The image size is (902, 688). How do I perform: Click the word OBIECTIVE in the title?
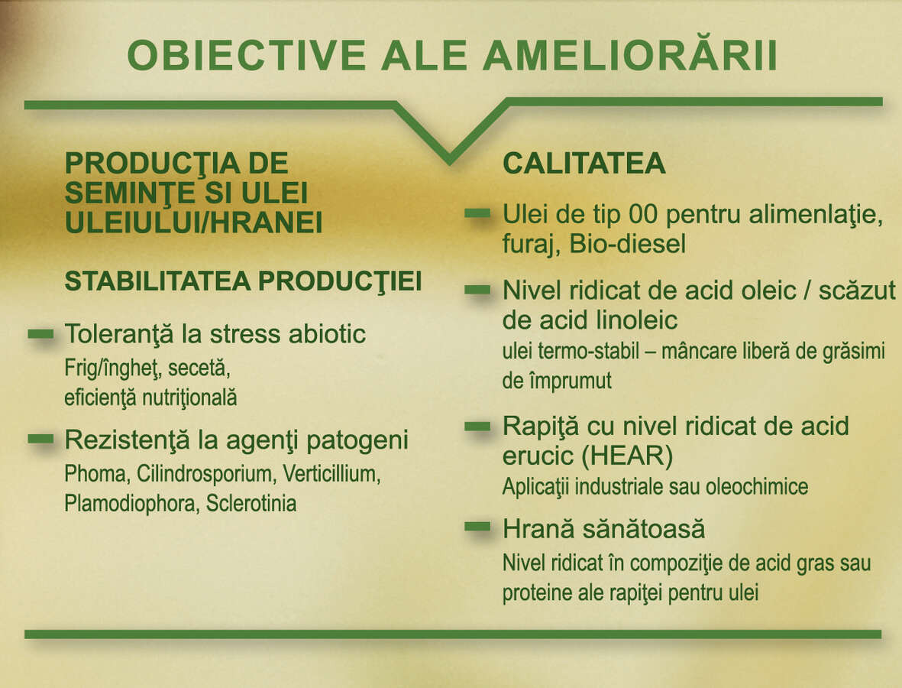[x=247, y=56]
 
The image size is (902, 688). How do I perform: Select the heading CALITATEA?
[x=584, y=163]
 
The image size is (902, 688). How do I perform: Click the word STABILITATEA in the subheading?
[x=157, y=281]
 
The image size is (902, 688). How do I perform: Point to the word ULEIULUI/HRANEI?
[x=193, y=222]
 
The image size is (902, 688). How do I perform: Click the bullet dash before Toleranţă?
[x=40, y=334]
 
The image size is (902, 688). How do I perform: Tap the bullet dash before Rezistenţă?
[x=40, y=440]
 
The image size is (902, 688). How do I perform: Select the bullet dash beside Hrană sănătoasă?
[x=477, y=526]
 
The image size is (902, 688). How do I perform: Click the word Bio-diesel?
[x=628, y=244]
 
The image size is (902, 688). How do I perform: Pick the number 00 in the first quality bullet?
[x=642, y=214]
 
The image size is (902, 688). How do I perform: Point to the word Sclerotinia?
[x=251, y=504]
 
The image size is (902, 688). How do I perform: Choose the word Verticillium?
[x=331, y=474]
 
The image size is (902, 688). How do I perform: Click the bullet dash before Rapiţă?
[x=477, y=427]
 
